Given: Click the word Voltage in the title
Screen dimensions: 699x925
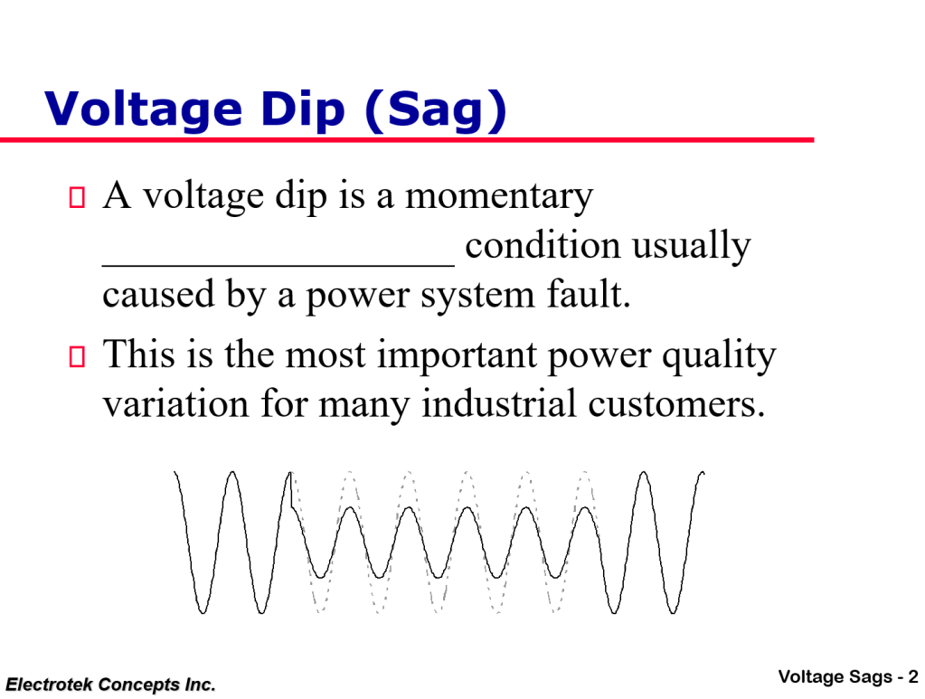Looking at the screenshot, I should pyautogui.click(x=143, y=109).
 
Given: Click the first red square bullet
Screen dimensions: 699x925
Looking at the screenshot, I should pyautogui.click(x=77, y=196).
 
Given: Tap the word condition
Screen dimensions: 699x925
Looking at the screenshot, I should pyautogui.click(x=543, y=246).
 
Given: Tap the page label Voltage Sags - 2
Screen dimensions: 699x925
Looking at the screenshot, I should pyautogui.click(x=847, y=676).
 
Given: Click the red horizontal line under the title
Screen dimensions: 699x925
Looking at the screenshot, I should pyautogui.click(x=407, y=140).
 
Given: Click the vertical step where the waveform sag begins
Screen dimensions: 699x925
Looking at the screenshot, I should pyautogui.click(x=290, y=489).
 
